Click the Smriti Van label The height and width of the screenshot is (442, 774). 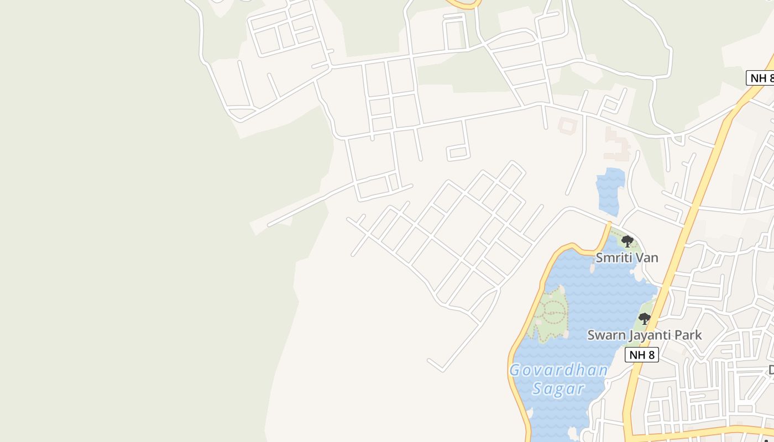tap(626, 257)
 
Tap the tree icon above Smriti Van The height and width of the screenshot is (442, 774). tap(627, 241)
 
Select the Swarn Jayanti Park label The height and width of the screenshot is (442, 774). tap(644, 335)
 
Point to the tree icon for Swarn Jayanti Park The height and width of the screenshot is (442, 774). tap(644, 318)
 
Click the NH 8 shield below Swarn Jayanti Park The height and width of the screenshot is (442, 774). tap(641, 355)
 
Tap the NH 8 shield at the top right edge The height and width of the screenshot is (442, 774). tap(761, 78)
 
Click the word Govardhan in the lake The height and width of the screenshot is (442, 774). tap(558, 370)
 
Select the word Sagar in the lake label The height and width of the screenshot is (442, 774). tap(558, 389)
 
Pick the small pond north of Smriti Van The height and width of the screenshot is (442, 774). tap(610, 191)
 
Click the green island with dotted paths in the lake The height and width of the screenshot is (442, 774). tap(547, 315)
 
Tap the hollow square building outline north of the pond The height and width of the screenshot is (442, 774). tap(567, 125)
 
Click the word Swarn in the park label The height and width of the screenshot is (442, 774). tap(605, 335)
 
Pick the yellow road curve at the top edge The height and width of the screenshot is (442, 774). tap(463, 5)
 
